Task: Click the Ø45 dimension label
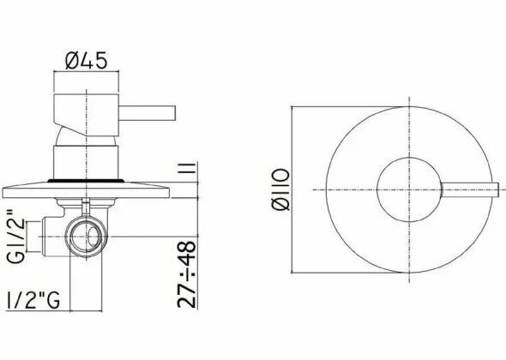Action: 86,61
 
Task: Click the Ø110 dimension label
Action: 280,189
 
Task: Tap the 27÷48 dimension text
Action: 187,274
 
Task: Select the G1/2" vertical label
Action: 16,236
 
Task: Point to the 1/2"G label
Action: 33,301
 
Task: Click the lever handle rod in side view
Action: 148,113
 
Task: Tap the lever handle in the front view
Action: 469,189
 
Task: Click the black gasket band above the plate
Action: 86,181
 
